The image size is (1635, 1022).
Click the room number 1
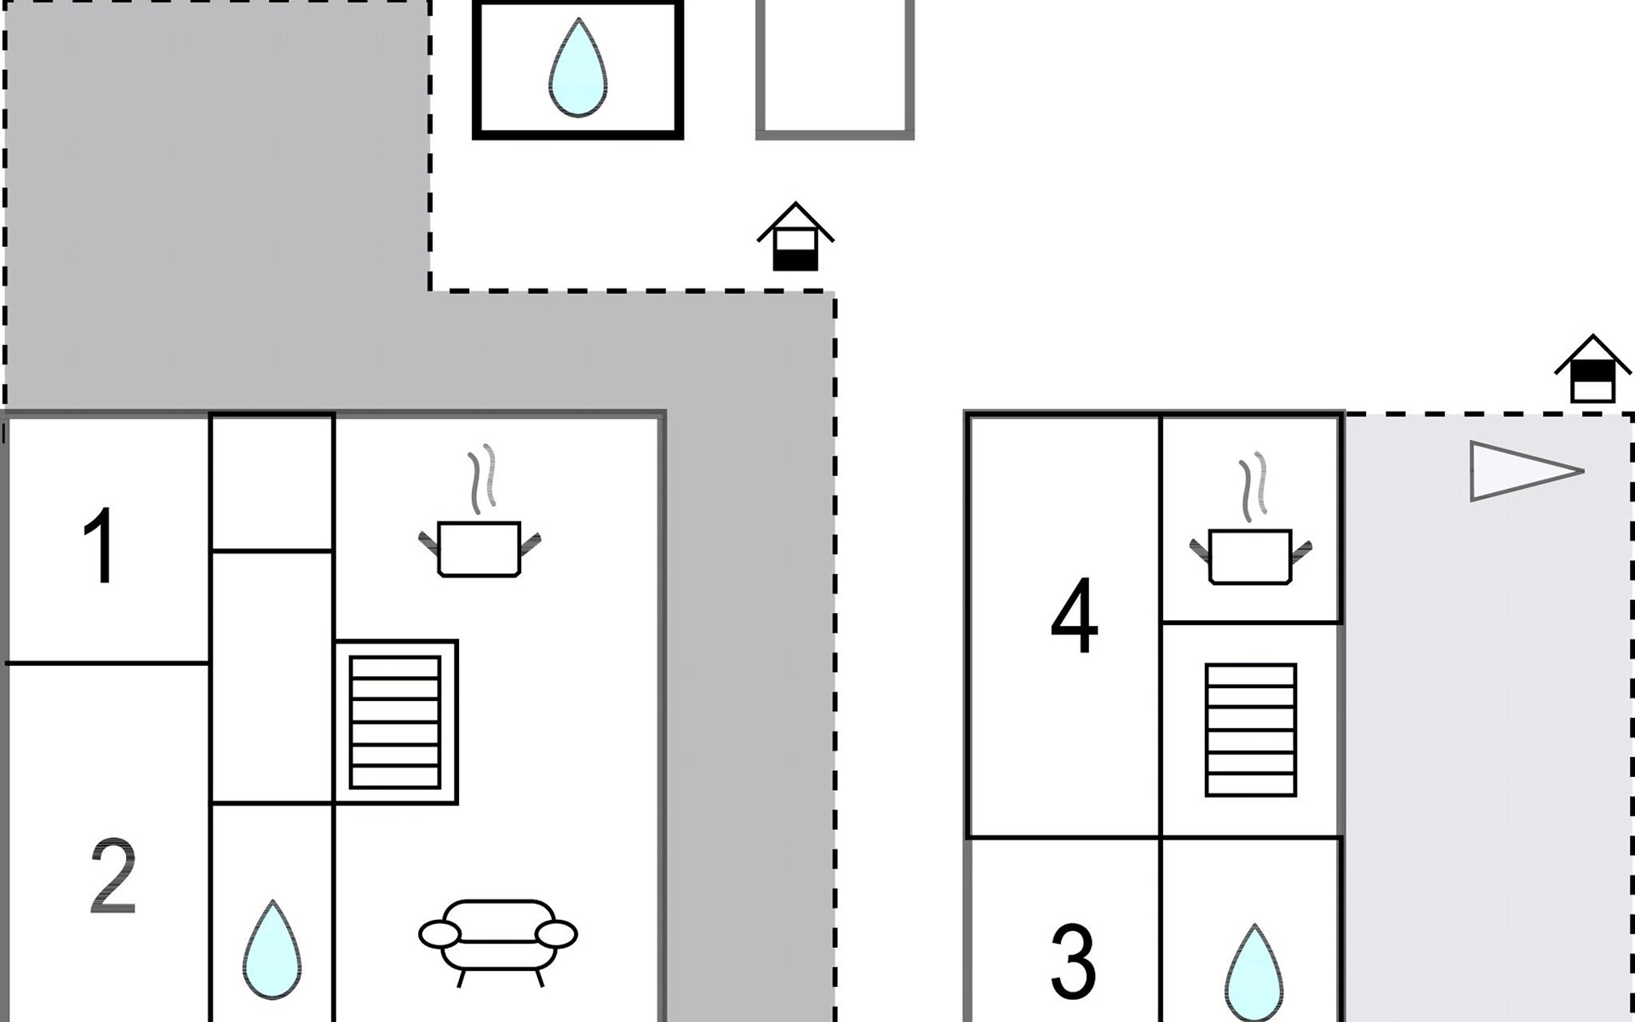pos(100,545)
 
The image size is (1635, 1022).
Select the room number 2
pos(112,876)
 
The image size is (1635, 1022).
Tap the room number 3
pos(1072,962)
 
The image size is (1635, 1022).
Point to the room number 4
pos(1074,615)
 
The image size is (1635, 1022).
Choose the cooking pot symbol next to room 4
pos(1250,555)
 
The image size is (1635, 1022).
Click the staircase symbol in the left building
pos(395,722)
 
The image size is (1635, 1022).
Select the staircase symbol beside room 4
pos(1250,730)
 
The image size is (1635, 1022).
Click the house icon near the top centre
pos(795,238)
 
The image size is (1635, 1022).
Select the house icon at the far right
pos(1592,370)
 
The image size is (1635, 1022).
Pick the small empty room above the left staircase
pos(272,482)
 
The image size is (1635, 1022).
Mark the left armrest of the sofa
pos(439,934)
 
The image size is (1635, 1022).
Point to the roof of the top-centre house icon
pos(795,218)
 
